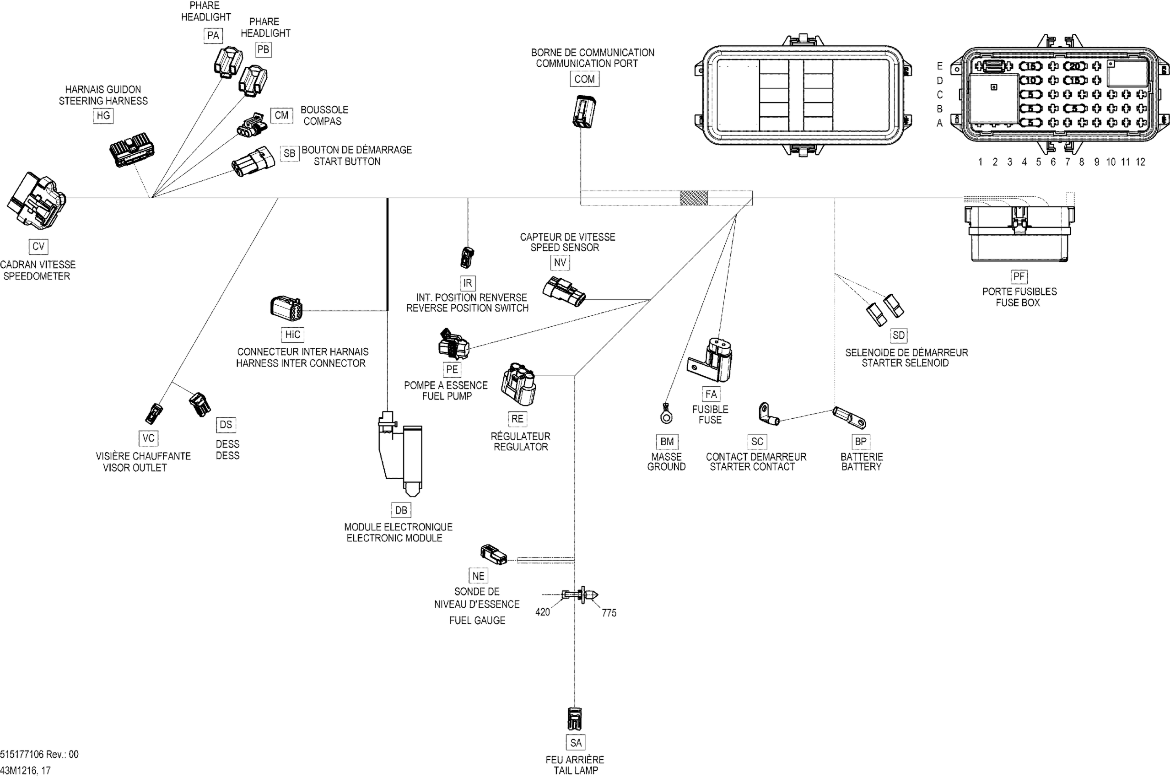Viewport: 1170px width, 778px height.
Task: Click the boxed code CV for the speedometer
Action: (38, 247)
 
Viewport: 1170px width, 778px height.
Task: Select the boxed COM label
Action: (584, 79)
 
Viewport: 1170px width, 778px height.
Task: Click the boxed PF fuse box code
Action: (1019, 276)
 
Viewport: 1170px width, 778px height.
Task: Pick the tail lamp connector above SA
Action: (574, 719)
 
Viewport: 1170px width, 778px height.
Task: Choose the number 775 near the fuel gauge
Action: (609, 613)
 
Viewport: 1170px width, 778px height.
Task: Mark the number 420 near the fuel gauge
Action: (543, 612)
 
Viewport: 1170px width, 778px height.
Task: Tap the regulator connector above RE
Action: (518, 384)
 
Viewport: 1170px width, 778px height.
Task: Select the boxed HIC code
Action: (293, 335)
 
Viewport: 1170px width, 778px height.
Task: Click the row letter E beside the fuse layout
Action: (939, 66)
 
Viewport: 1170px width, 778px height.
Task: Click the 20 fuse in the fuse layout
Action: (1074, 66)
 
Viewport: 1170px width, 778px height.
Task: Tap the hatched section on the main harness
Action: (693, 198)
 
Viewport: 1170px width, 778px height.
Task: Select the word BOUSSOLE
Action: (324, 110)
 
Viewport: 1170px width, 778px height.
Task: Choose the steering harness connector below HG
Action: (131, 149)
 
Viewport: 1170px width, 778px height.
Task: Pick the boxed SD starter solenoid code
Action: (899, 335)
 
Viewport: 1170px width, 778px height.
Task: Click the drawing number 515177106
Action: (22, 754)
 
